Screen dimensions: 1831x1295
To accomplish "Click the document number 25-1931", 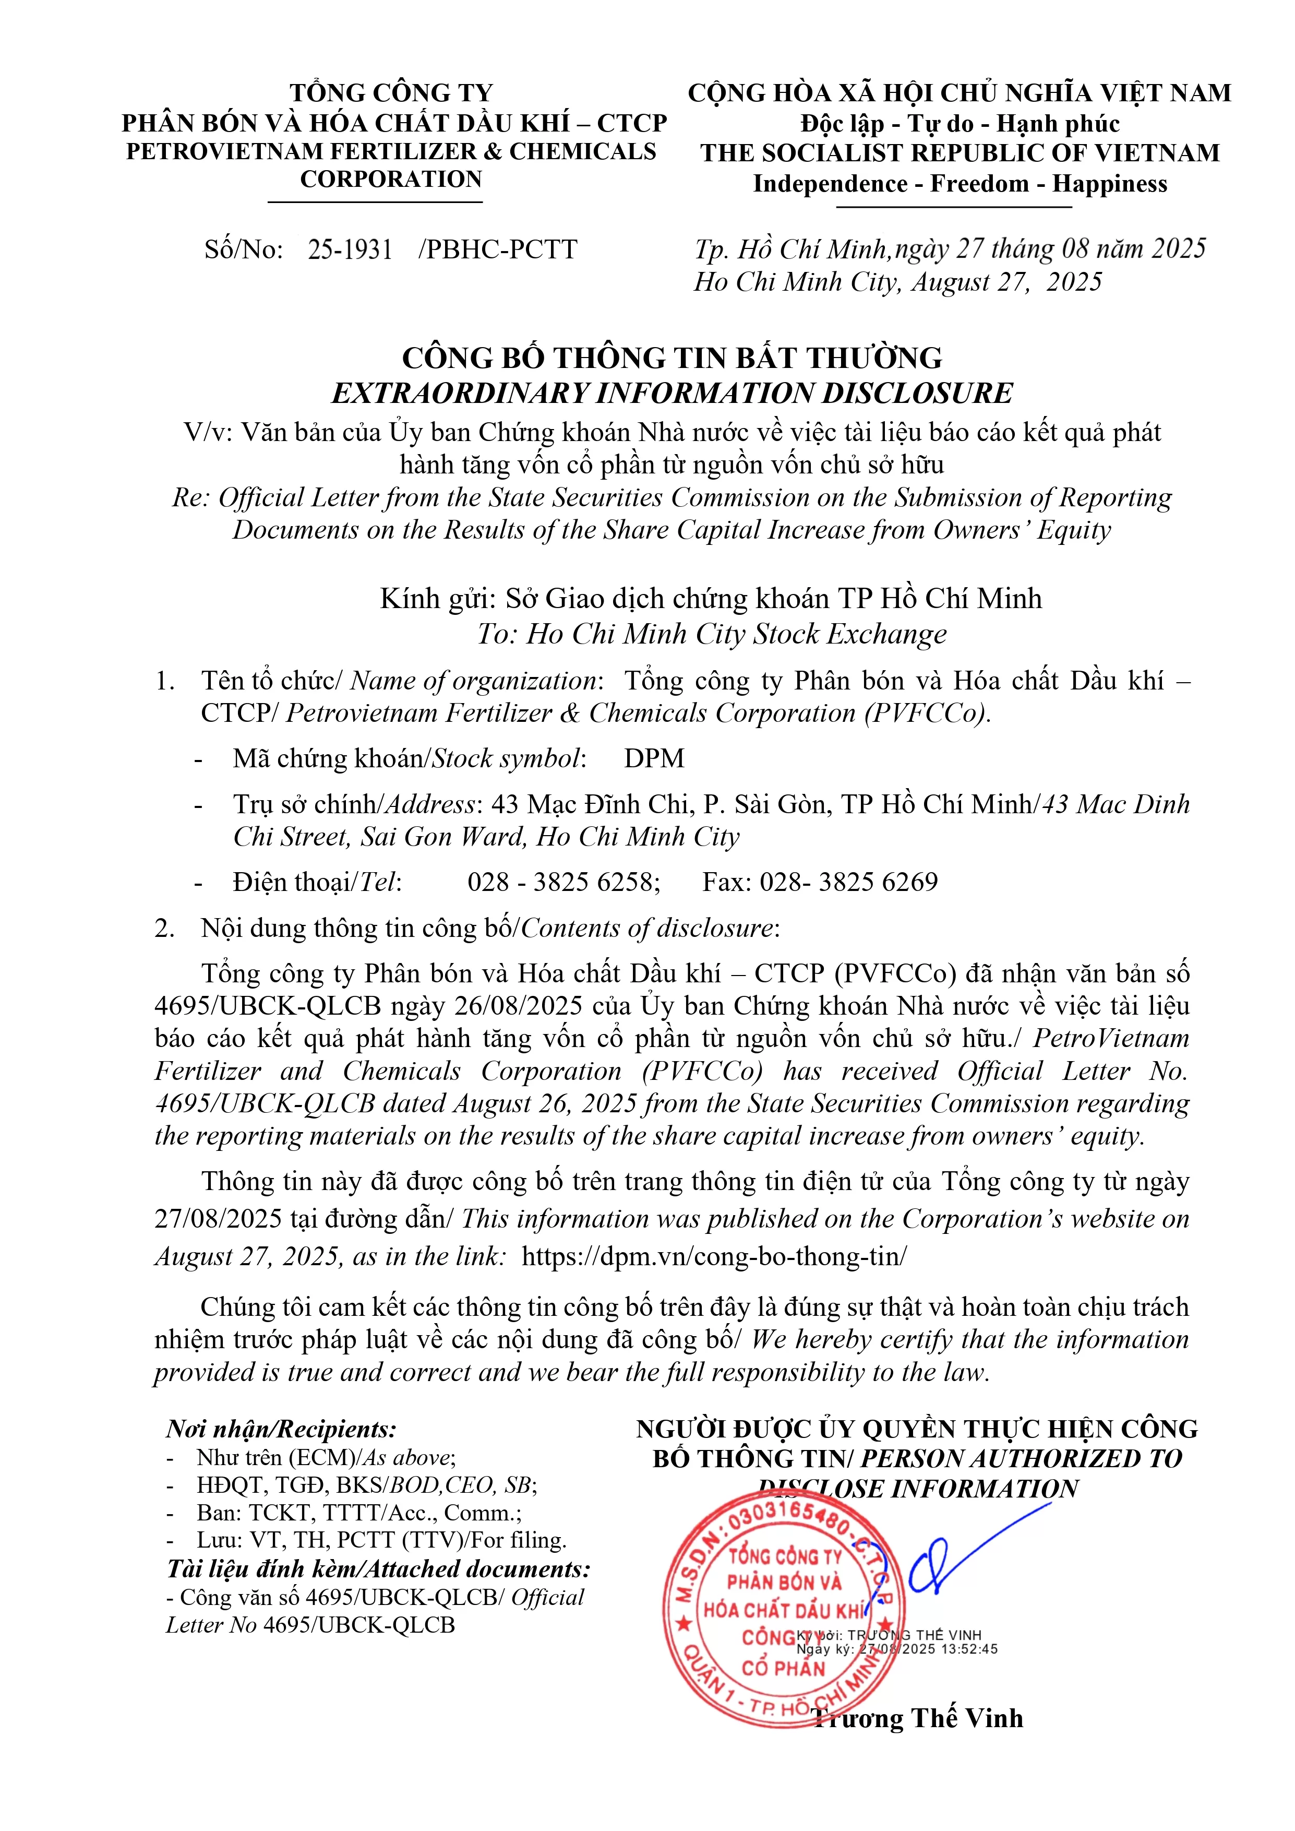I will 350,249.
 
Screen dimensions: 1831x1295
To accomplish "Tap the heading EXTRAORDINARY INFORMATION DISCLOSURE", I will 672,393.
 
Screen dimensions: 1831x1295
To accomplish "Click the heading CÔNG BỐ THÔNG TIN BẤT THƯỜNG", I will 672,358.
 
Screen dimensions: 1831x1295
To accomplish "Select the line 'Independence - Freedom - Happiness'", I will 960,184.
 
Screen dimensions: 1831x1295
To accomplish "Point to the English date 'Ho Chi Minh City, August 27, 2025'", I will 898,281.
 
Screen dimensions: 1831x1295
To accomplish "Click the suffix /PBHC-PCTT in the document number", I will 498,249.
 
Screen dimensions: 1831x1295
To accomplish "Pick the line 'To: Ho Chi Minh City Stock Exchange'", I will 711,634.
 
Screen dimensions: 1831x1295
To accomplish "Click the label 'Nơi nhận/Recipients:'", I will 281,1429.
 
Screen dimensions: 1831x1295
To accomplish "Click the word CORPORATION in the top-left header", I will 391,180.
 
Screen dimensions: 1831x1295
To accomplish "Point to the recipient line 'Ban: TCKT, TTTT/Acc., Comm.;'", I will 359,1513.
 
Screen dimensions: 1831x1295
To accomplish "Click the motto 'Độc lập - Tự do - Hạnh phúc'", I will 960,124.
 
